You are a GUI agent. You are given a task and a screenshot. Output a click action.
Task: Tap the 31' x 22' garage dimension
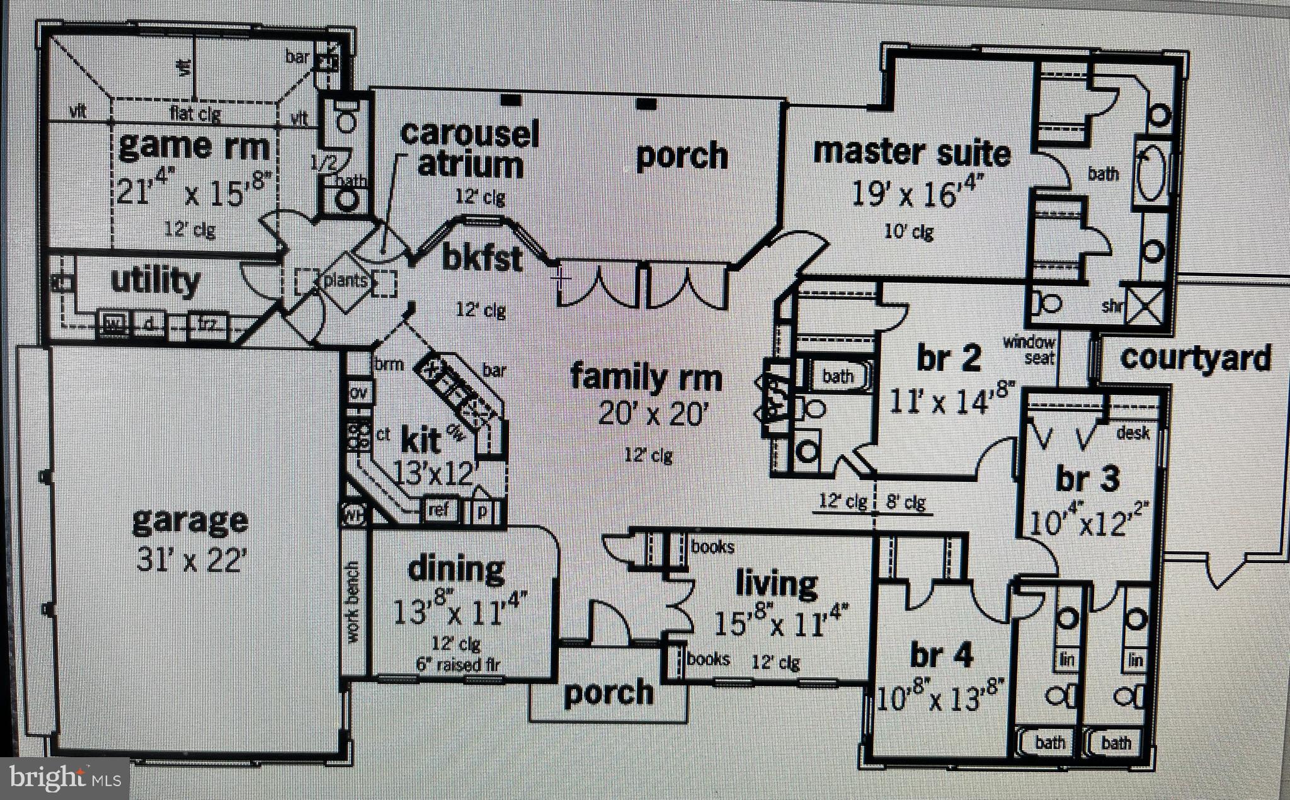pos(190,559)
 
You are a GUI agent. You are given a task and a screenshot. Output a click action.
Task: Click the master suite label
pos(911,153)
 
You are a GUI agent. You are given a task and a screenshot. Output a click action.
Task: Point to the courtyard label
pos(1195,358)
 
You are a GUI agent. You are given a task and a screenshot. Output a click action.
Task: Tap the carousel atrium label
pos(470,149)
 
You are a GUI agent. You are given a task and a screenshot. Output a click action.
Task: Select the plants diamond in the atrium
pos(345,281)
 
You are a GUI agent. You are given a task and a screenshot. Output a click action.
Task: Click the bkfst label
pos(482,259)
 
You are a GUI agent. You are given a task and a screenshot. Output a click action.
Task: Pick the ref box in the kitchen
pos(438,509)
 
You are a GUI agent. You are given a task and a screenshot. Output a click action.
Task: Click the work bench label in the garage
pos(353,602)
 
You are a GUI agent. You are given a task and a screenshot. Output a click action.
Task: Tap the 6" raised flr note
pos(458,665)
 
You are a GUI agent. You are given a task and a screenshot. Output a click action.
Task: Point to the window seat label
pos(1029,350)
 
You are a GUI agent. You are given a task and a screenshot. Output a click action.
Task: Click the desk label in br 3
pos(1133,433)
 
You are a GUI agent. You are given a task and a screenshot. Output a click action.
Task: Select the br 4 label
pos(941,656)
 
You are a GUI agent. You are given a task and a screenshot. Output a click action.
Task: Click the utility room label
pos(155,281)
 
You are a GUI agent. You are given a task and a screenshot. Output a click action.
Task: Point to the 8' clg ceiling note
pos(906,503)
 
